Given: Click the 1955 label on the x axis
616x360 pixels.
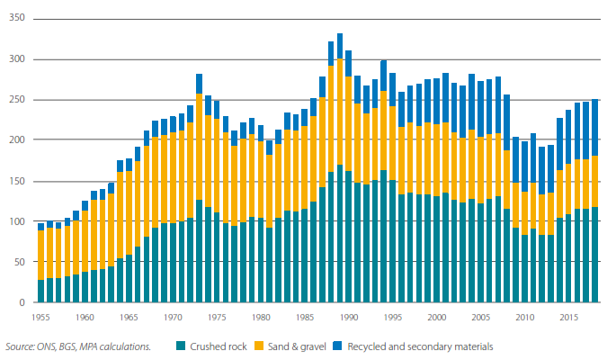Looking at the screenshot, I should click(x=40, y=317).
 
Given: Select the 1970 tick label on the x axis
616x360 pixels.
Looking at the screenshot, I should click(x=173, y=317).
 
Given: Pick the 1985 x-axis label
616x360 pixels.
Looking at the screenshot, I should click(x=305, y=317).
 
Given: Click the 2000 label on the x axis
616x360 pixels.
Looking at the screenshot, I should click(x=438, y=317).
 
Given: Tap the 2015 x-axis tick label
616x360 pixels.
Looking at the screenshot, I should click(x=569, y=317).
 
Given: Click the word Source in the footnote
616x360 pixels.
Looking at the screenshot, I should click(x=19, y=346).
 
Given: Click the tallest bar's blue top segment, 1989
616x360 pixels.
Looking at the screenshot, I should click(x=340, y=46).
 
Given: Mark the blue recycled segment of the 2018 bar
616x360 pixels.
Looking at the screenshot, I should click(x=594, y=127).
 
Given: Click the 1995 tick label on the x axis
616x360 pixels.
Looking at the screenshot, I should click(x=393, y=317).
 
